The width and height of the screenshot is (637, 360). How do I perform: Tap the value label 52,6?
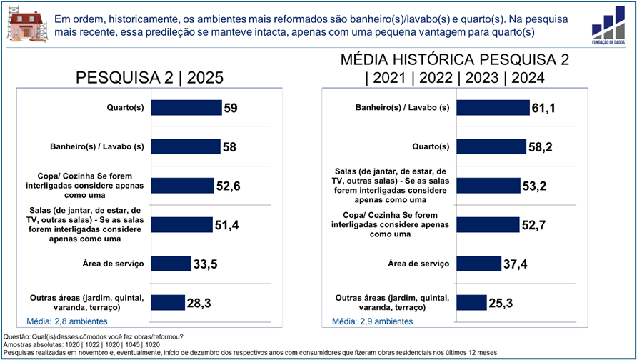[228, 186]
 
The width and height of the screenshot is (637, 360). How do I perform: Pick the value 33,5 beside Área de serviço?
[205, 264]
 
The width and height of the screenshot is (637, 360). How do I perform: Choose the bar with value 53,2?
[488, 186]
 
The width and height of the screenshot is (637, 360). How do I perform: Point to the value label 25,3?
[501, 303]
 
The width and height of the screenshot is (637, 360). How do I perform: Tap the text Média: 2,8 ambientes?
[66, 321]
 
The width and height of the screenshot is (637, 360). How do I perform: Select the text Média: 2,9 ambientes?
[372, 321]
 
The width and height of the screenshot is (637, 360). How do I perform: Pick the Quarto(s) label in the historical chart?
[431, 147]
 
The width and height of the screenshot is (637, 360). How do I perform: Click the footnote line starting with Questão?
[94, 336]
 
